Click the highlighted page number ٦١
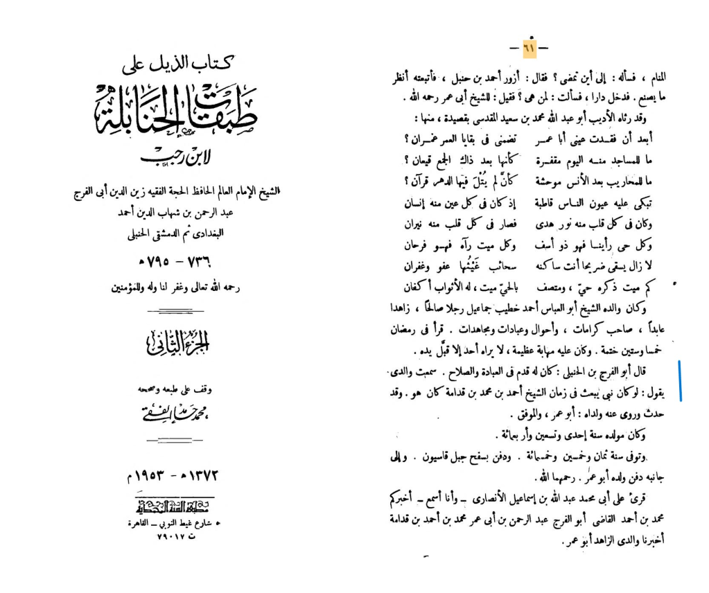(x=528, y=48)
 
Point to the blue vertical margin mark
(x=681, y=380)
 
